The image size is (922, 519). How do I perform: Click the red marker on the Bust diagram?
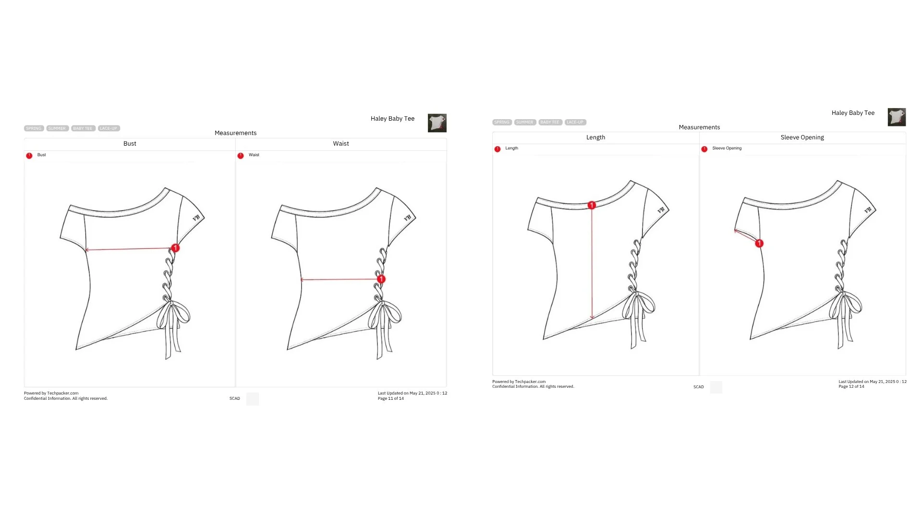click(x=175, y=248)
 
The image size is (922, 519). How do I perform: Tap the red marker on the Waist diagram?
click(x=381, y=279)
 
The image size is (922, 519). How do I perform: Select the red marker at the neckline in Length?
click(x=592, y=205)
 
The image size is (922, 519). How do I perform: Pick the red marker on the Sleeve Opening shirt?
click(x=759, y=244)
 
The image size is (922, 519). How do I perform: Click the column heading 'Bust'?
click(x=130, y=144)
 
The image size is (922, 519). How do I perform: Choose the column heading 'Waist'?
click(x=341, y=144)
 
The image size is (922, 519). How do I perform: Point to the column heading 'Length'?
click(x=595, y=137)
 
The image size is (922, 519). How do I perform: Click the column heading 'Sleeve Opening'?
click(x=802, y=137)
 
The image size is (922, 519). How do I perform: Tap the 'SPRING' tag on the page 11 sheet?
click(x=34, y=128)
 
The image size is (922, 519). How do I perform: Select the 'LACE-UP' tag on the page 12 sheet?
click(x=575, y=122)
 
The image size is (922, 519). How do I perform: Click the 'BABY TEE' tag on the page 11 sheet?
click(x=83, y=128)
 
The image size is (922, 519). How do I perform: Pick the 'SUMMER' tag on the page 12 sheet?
click(x=525, y=122)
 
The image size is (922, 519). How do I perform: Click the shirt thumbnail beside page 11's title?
click(x=437, y=123)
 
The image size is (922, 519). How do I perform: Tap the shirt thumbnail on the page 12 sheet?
click(x=897, y=117)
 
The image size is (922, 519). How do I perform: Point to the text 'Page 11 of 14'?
click(x=390, y=398)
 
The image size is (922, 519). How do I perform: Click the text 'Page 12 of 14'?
click(x=851, y=386)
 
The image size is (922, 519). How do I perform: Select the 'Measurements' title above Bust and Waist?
click(x=235, y=133)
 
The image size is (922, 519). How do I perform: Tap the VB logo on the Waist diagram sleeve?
click(x=407, y=218)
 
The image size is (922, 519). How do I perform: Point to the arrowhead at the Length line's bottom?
click(x=592, y=317)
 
